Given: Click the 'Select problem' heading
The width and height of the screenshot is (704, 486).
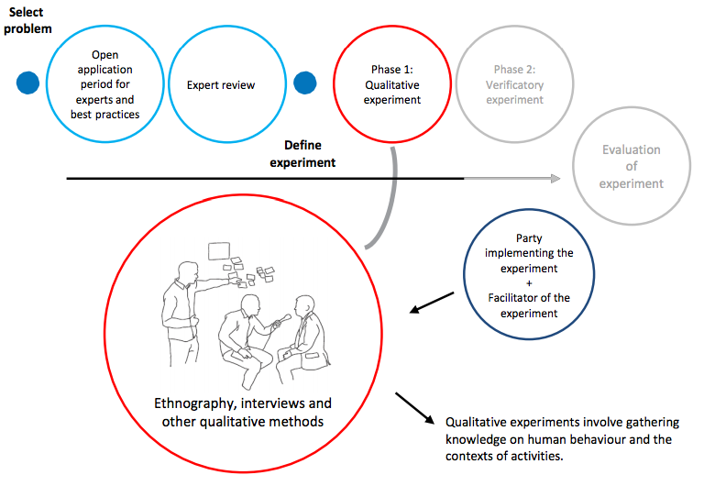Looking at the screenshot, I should (x=27, y=21).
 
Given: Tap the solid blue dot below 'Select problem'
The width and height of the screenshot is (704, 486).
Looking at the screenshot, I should (x=29, y=83).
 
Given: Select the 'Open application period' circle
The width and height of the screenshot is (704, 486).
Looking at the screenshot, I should (x=104, y=84).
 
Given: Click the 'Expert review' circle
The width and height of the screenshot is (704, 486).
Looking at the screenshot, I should (x=221, y=84).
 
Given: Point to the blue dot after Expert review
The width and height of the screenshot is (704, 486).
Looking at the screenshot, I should (x=305, y=83).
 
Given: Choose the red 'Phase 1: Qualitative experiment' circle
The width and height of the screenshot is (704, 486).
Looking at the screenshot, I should (x=391, y=84).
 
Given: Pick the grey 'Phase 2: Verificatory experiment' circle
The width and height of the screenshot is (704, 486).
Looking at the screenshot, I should (x=514, y=84).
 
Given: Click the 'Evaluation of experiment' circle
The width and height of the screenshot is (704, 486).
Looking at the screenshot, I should (x=631, y=167).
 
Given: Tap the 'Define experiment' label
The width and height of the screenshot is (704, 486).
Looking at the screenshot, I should (x=302, y=154).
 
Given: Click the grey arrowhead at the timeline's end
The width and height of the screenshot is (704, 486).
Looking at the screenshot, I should (x=556, y=179).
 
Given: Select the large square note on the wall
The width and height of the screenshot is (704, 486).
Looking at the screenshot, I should (x=219, y=249).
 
